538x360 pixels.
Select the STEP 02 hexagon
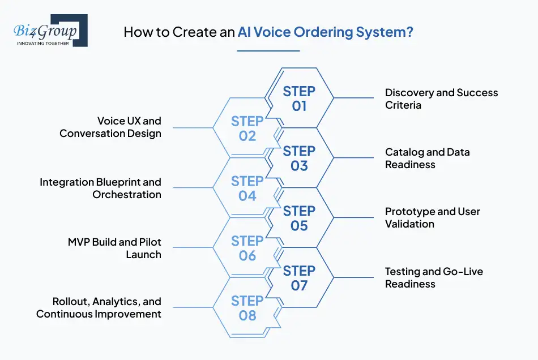(x=247, y=128)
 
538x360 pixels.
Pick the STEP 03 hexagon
(x=299, y=158)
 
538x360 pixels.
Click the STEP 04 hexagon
(x=247, y=188)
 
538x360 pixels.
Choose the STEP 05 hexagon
(x=299, y=218)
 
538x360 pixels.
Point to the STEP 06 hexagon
(x=247, y=248)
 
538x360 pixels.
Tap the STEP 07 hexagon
(x=299, y=278)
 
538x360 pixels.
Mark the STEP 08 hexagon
(x=247, y=308)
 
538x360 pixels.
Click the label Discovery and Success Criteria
(x=441, y=98)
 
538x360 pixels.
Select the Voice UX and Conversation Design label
(x=110, y=127)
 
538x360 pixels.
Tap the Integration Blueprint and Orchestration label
(x=100, y=188)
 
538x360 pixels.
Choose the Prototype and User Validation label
(x=432, y=218)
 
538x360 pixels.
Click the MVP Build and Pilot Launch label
(x=114, y=248)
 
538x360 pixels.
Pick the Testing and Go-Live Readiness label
(x=434, y=278)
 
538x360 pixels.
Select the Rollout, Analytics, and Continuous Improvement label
(x=99, y=308)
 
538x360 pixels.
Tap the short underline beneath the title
(x=268, y=50)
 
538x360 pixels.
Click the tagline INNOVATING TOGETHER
(x=43, y=43)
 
